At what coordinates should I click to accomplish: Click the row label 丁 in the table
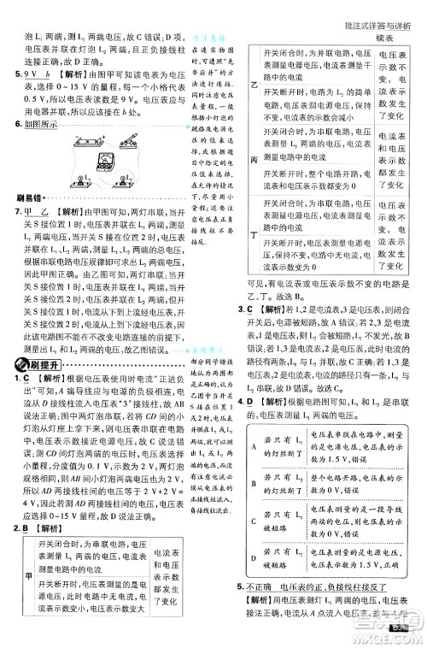pos(253,233)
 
